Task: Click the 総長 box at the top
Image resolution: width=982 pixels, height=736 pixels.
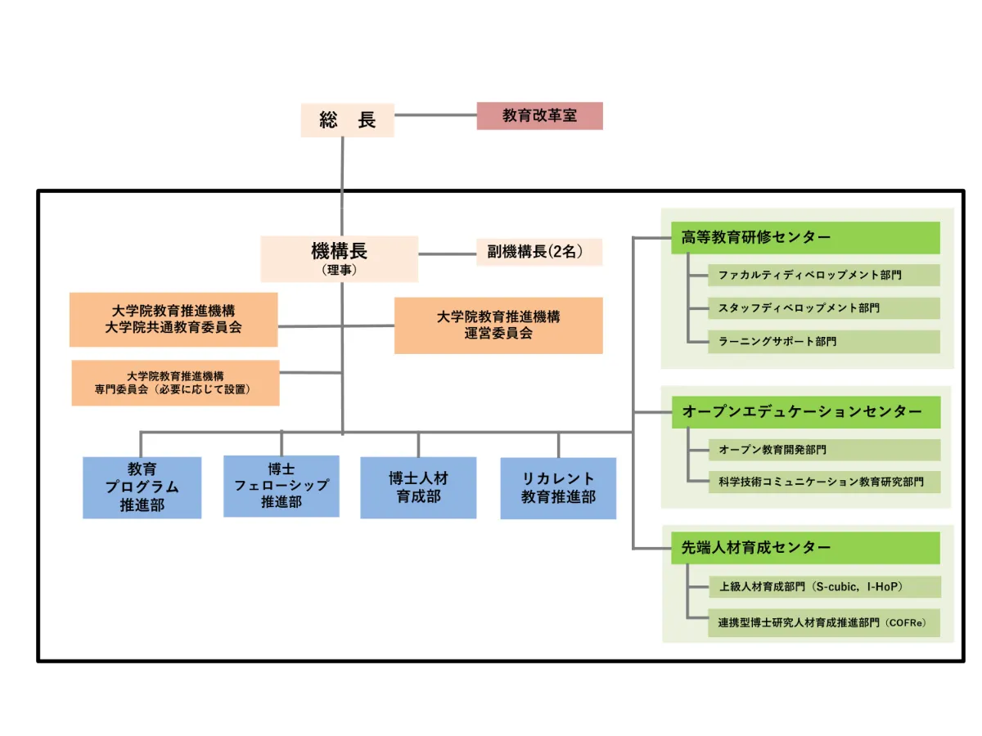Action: pos(347,120)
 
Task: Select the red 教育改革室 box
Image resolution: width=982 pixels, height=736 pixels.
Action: pos(539,116)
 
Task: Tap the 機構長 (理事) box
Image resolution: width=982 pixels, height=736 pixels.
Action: pos(339,258)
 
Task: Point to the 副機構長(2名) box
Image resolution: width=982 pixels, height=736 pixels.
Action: pos(538,252)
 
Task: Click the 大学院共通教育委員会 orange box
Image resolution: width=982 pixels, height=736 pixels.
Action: pos(173,320)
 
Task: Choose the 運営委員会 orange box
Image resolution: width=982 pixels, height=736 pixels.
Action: pos(498,325)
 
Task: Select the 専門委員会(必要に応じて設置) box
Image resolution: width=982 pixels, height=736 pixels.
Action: pos(175,383)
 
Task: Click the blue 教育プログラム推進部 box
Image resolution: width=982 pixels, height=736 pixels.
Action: pos(142,487)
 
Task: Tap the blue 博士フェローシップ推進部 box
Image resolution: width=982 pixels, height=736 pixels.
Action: pos(282,486)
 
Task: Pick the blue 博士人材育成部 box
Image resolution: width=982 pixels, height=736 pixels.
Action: pos(418,487)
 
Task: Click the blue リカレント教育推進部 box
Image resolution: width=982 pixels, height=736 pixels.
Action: pos(558,488)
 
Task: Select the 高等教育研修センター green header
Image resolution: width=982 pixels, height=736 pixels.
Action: pos(805,238)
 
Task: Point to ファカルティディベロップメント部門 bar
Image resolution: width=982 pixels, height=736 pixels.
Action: pos(823,276)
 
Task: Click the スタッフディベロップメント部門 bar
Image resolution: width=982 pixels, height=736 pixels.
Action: pos(823,308)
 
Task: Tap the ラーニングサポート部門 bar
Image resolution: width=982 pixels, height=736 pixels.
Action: pos(823,342)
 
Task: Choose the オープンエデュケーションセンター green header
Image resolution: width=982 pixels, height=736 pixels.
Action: pos(805,412)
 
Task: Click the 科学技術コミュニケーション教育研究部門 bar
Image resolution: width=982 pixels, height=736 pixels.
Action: pos(823,482)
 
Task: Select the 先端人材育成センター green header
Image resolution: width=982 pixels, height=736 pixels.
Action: pos(805,548)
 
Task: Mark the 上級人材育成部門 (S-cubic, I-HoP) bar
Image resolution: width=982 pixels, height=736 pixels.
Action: pos(823,586)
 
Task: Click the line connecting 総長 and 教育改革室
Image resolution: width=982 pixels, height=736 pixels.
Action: pos(435,115)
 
